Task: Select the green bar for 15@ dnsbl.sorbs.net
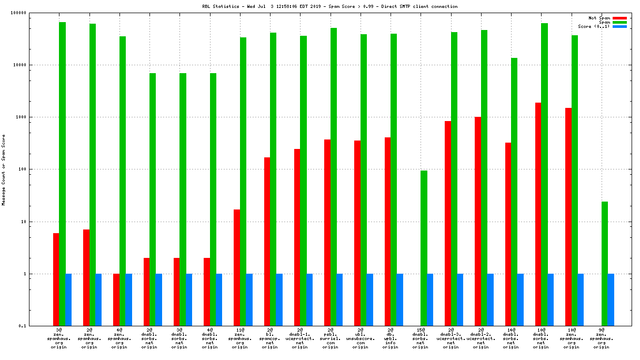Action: click(424, 248)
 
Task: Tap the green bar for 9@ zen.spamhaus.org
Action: click(605, 263)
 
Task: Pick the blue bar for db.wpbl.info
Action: click(400, 299)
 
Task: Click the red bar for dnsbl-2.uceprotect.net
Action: click(478, 221)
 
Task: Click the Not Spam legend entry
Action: click(599, 18)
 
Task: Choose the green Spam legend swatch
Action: click(619, 22)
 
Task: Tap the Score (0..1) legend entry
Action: click(594, 26)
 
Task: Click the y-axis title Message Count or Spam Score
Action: click(4, 169)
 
